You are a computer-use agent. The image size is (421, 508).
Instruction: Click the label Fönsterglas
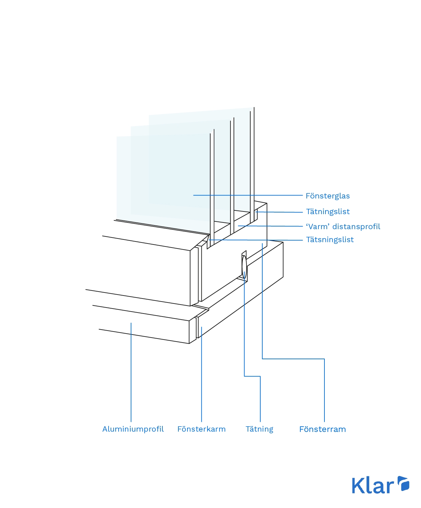click(x=327, y=196)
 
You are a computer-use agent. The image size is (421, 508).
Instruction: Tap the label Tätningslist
click(x=328, y=211)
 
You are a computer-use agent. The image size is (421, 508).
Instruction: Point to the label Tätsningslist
click(x=330, y=239)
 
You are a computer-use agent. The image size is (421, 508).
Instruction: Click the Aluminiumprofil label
click(x=133, y=429)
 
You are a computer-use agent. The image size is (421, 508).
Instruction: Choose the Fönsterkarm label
click(x=201, y=429)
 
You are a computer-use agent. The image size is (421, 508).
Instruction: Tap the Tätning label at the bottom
click(x=259, y=429)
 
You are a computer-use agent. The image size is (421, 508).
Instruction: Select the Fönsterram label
click(x=322, y=429)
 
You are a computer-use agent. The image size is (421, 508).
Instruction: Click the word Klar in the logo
click(x=373, y=486)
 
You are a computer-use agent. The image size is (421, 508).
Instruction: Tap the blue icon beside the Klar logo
click(x=403, y=484)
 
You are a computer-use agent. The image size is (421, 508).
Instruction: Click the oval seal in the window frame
click(x=244, y=266)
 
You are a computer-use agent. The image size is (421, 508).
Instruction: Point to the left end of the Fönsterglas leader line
click(x=193, y=195)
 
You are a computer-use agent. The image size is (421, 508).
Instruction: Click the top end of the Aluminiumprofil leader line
click(x=131, y=323)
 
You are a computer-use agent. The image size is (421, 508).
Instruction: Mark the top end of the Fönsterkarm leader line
click(x=201, y=327)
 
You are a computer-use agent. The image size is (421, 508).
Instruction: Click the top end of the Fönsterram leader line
click(x=262, y=244)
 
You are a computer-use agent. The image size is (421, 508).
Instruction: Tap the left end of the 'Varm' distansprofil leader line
click(x=238, y=226)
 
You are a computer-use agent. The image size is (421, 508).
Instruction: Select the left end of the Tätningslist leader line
click(x=256, y=211)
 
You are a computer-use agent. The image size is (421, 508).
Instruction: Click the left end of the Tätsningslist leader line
click(x=209, y=239)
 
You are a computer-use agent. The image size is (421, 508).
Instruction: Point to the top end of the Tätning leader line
click(x=244, y=272)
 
